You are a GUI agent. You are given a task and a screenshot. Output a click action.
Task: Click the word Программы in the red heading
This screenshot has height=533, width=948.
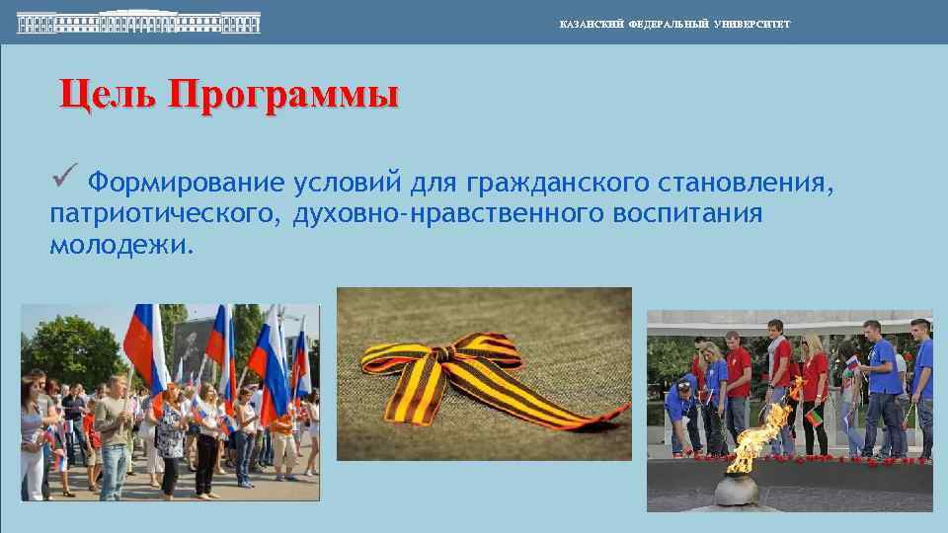(x=283, y=96)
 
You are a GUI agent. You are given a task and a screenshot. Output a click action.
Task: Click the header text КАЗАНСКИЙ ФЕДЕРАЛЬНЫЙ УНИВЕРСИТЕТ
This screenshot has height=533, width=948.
(x=674, y=24)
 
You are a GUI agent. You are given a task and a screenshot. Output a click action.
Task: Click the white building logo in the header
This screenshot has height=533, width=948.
(x=138, y=22)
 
